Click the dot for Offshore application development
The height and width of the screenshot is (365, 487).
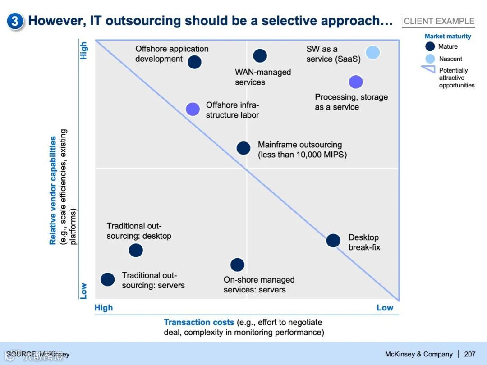(194, 62)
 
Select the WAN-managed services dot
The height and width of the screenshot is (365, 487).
(260, 55)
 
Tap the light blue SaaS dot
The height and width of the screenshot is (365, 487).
(372, 53)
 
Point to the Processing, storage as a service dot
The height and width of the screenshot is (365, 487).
(356, 82)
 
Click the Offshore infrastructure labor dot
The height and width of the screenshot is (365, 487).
(193, 109)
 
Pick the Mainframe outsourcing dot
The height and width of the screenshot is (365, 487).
(243, 148)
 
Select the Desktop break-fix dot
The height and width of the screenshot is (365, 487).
(333, 240)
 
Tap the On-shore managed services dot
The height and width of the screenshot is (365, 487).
(237, 265)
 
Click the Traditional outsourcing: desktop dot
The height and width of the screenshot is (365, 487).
(136, 250)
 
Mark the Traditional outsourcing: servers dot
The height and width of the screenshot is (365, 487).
(107, 279)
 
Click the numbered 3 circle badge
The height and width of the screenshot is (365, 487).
(15, 21)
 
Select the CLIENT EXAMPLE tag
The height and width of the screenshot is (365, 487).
(439, 21)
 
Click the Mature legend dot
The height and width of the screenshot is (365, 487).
(430, 46)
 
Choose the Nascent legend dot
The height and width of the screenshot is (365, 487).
(430, 59)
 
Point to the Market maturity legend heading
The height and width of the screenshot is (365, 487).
(447, 36)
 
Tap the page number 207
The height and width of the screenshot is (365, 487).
(469, 354)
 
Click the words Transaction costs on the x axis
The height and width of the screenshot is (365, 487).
(199, 322)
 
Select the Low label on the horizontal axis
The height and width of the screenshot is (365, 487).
(385, 308)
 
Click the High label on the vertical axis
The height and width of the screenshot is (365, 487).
(84, 50)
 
